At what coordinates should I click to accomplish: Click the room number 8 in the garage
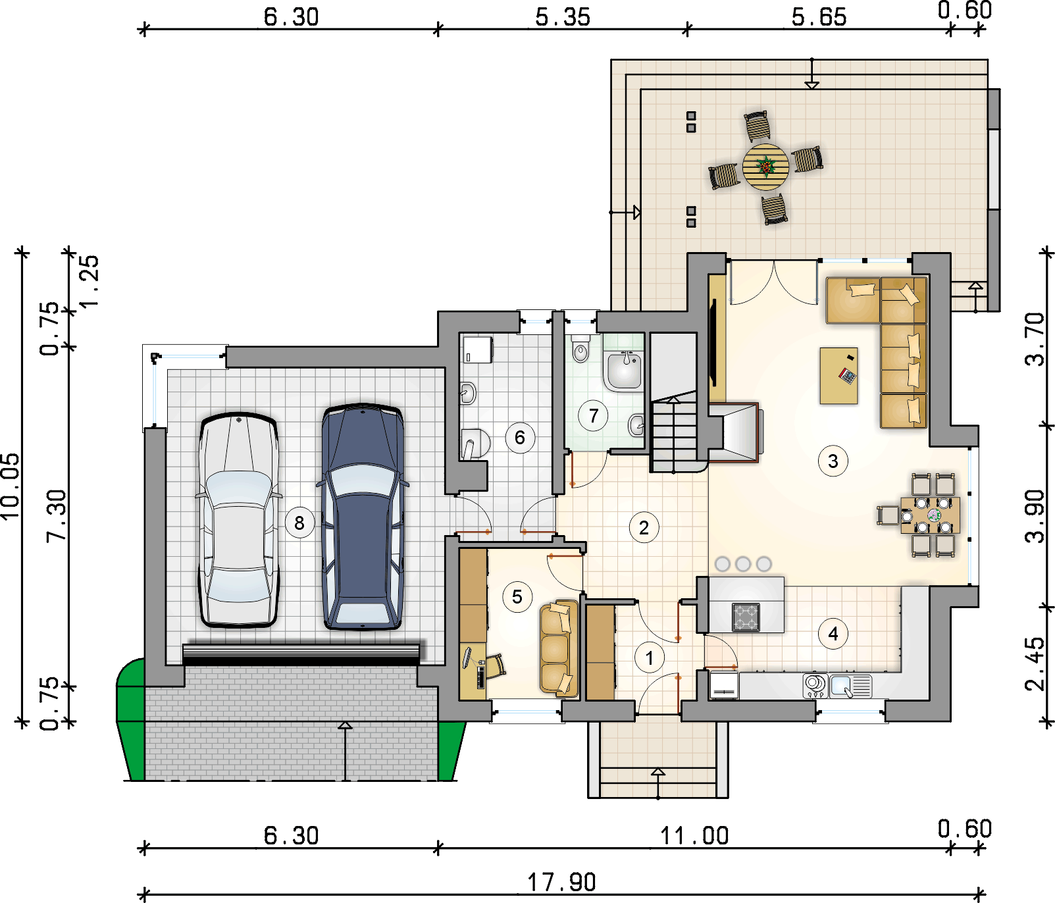tap(299, 523)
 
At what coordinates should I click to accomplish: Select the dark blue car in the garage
tap(363, 517)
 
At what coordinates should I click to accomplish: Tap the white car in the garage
tap(239, 520)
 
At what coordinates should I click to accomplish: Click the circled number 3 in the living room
tap(833, 461)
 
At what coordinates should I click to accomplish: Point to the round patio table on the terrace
tap(765, 167)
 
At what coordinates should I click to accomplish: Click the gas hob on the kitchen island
tap(746, 617)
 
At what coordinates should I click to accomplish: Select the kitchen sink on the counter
tap(850, 686)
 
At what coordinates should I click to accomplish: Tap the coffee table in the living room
tap(838, 376)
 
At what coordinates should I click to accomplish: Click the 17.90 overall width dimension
tap(561, 882)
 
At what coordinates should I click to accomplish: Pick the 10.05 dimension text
tap(11, 486)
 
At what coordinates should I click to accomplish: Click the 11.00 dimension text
tap(694, 836)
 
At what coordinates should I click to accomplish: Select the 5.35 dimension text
tap(563, 17)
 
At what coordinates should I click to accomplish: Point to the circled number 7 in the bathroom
tap(594, 416)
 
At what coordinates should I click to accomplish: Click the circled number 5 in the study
tap(517, 597)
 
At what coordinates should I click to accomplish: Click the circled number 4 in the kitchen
tap(833, 634)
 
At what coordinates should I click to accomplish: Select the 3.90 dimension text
tap(1035, 516)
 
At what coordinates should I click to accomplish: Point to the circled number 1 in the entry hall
tap(650, 658)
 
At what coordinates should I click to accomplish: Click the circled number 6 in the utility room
tap(520, 438)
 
